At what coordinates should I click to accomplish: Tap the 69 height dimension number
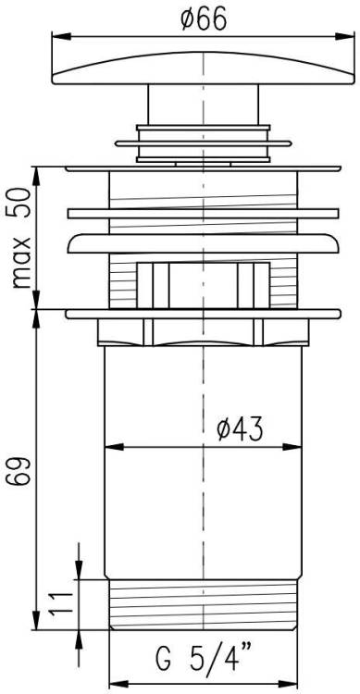[20, 472]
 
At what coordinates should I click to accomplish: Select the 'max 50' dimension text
[20, 238]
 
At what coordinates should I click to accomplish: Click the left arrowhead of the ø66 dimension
[61, 36]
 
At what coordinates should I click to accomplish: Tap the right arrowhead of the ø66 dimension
[345, 36]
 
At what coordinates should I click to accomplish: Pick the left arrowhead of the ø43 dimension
[114, 447]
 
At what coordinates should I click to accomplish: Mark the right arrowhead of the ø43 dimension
[292, 447]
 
